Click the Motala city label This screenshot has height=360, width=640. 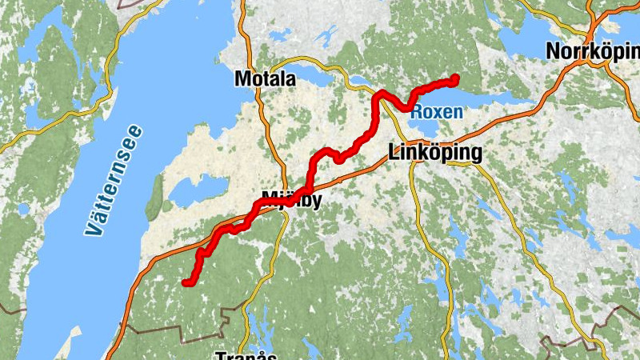tap(266, 79)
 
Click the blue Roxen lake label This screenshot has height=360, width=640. tap(436, 112)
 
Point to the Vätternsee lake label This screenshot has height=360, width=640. tap(114, 181)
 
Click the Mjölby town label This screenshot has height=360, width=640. tap(291, 199)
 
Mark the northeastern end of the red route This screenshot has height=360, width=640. tap(455, 78)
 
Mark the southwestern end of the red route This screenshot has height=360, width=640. tap(186, 282)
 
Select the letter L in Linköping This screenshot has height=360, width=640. tap(392, 151)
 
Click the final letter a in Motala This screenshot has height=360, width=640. tap(290, 80)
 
